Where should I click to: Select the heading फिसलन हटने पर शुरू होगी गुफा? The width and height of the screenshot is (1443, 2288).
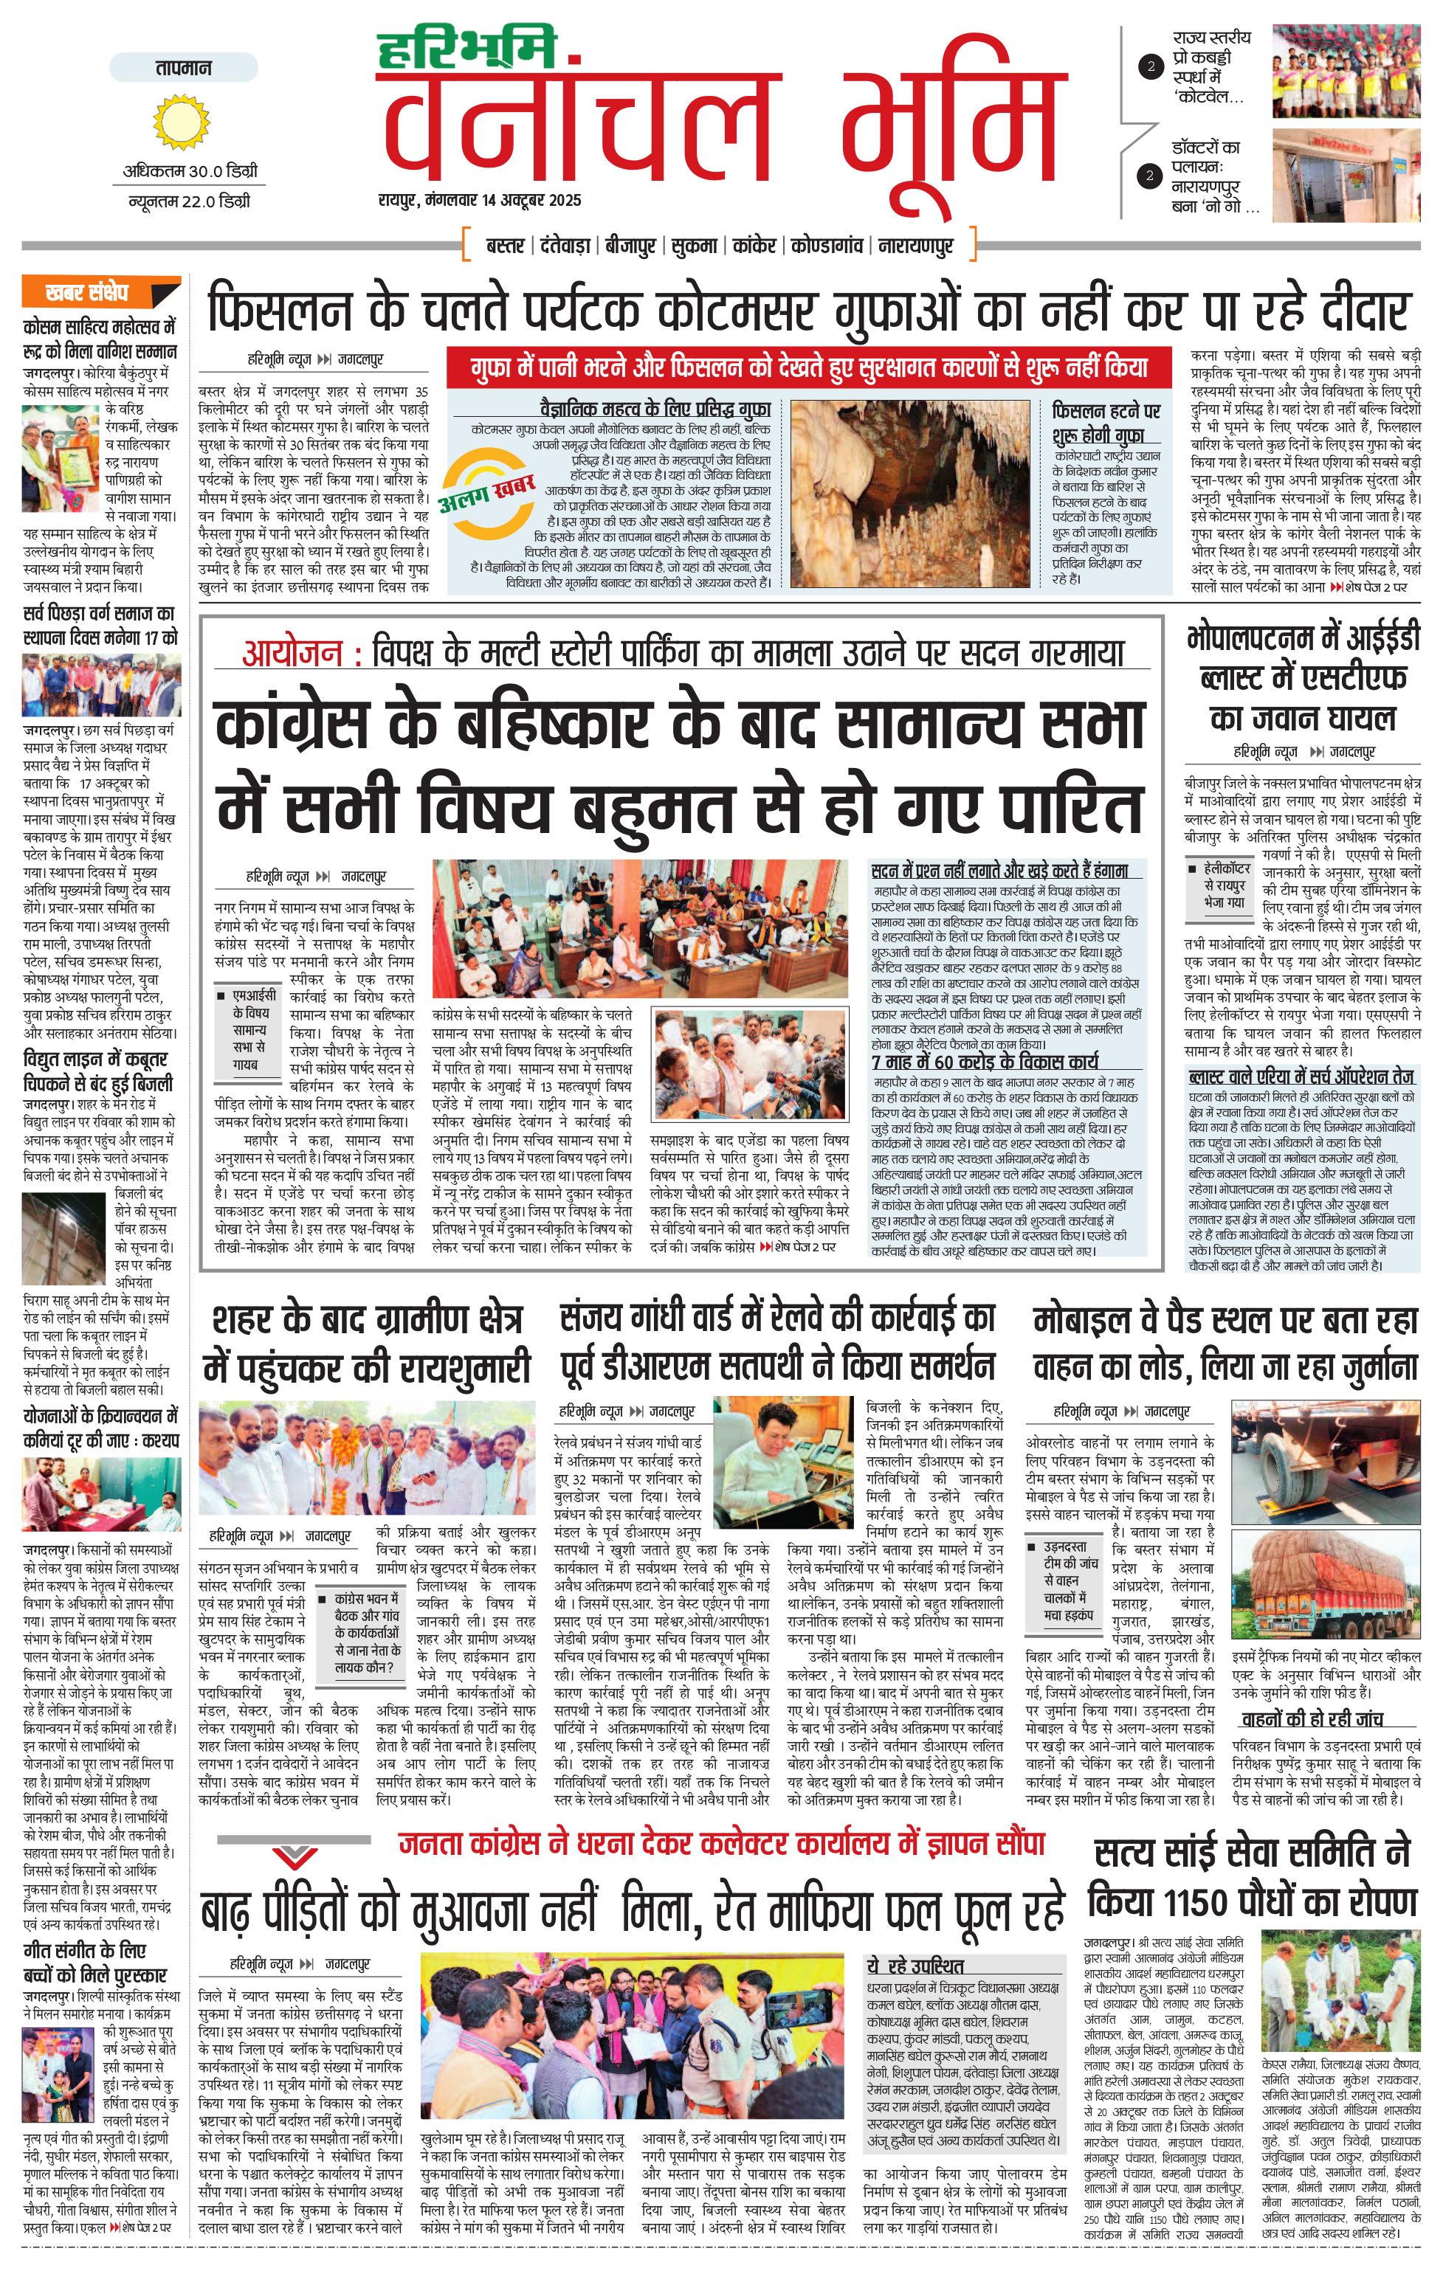(x=1106, y=423)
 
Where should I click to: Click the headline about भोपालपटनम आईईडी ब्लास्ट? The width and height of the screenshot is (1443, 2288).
(x=1302, y=677)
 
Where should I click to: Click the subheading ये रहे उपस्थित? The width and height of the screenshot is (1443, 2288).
(x=915, y=1939)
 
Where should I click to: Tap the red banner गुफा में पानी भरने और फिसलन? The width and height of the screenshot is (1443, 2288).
(x=809, y=367)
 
